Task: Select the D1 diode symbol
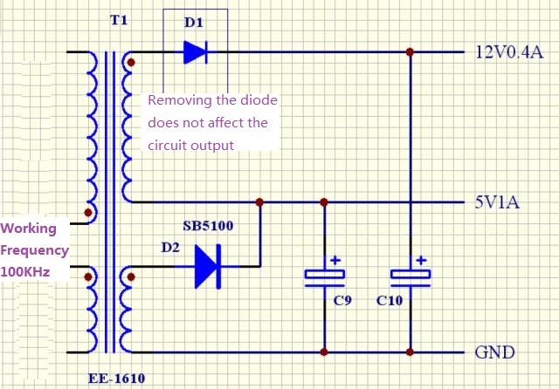coord(195,52)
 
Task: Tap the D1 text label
coord(194,23)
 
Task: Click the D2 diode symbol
coord(206,266)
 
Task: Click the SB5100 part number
coord(208,226)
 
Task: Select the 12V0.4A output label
coord(509,52)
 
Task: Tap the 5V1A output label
coord(497,202)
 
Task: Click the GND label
coord(494,353)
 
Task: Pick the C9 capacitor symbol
coord(324,277)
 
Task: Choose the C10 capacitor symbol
coord(410,276)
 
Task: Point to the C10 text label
coord(390,300)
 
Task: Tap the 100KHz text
coord(25,272)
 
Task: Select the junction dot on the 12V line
coord(410,52)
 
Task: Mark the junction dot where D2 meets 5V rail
coord(259,202)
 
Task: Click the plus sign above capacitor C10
coord(421,260)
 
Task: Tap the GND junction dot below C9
coord(324,352)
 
